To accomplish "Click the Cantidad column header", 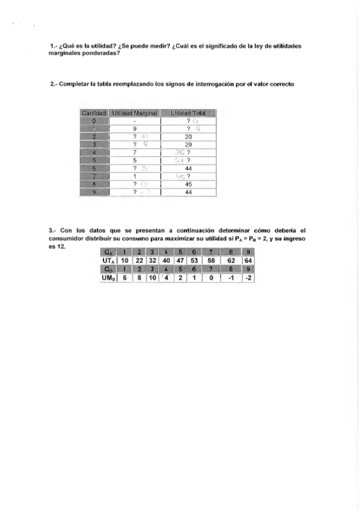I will (x=94, y=113).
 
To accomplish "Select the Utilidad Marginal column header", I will (x=135, y=113).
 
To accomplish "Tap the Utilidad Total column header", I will (x=188, y=113).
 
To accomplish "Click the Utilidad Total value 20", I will (x=188, y=137).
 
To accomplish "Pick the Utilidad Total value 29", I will (x=188, y=145).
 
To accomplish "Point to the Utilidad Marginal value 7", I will (x=135, y=153).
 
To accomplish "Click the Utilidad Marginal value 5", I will (x=135, y=161).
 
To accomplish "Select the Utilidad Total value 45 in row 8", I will (x=188, y=185).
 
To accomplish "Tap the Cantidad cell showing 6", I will (x=94, y=169).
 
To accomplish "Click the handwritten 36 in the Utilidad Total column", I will (x=178, y=153).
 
